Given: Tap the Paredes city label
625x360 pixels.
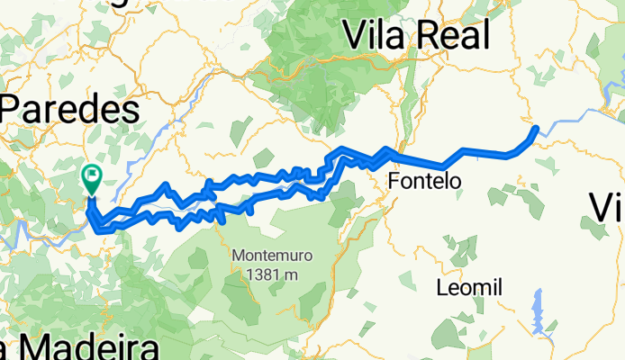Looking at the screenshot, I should point(70,110).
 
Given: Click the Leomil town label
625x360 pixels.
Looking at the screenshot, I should point(467,288).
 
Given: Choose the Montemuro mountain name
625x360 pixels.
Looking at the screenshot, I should point(271,255).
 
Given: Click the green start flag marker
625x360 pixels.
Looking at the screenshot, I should point(92,175).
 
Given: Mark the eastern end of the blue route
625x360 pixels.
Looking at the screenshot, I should point(537,129).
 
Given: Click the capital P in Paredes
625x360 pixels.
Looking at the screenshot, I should point(15,110).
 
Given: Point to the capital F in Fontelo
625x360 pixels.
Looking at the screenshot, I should point(394,181).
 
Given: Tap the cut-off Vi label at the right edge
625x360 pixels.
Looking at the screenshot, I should point(608,208).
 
